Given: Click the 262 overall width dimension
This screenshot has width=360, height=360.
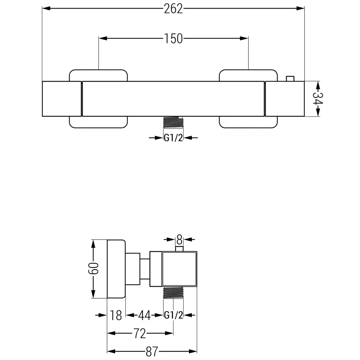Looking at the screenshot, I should coord(174,9).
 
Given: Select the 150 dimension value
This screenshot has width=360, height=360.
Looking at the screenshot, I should coord(174,38).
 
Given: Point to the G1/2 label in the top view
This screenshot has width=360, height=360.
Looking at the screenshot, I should coord(174,138).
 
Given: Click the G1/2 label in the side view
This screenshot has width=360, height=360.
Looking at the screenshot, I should coord(174,315).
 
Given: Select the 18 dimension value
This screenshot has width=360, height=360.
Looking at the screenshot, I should coord(116,315).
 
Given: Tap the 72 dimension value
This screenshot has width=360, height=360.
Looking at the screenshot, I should coord(140,334).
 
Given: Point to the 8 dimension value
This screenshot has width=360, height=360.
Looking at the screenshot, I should coord(179,239).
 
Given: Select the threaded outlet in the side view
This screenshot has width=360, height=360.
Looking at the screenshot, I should coord(174,293).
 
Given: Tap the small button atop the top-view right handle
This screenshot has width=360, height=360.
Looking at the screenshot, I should coord(289,78).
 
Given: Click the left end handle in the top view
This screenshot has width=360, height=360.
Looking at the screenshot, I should coord(62,99).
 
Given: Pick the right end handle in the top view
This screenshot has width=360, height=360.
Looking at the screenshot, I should coord(284,99).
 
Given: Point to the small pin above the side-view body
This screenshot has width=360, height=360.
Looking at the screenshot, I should coord(179,248).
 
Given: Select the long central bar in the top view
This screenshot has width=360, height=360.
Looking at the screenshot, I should coord(174,99).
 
